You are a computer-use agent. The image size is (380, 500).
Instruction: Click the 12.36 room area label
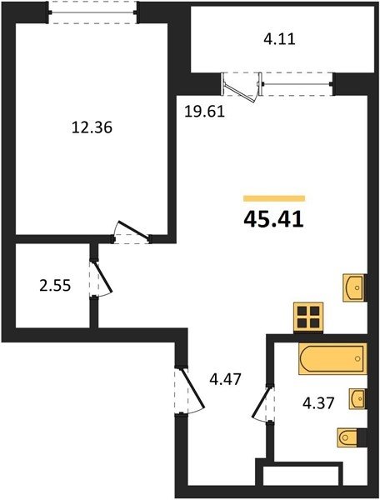tap(92, 127)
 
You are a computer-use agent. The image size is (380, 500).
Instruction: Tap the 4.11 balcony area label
tap(279, 39)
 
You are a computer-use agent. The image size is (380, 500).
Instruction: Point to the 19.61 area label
tap(205, 112)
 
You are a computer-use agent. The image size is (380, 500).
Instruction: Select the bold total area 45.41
tap(273, 220)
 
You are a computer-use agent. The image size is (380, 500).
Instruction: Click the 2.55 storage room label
tap(55, 285)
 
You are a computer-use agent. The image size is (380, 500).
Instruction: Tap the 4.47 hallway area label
tap(225, 379)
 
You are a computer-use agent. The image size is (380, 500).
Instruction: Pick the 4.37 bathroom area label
tap(318, 403)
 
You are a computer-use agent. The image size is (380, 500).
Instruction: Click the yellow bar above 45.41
tap(274, 198)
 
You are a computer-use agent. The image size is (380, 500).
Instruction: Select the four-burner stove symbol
tap(308, 318)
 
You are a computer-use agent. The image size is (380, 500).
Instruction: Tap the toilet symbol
tap(351, 437)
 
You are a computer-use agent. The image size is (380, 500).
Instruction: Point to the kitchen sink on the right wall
tap(354, 287)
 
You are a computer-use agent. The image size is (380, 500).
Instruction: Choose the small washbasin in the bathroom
tap(357, 398)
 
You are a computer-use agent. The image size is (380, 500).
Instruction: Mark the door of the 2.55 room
tap(101, 279)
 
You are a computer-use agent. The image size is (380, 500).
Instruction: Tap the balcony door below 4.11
tap(242, 87)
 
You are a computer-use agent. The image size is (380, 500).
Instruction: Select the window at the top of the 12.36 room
tap(92, 12)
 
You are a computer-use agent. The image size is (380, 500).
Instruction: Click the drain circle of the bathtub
tap(357, 358)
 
